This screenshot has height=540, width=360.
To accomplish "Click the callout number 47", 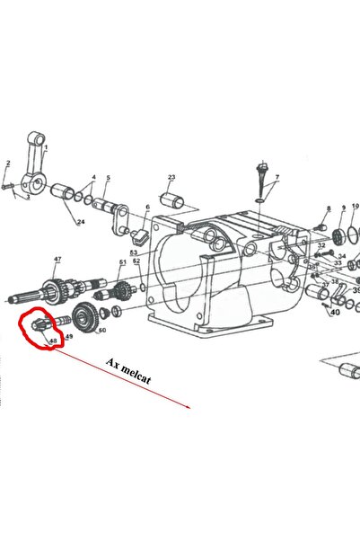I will (57, 260).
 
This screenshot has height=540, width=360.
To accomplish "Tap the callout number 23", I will (171, 178).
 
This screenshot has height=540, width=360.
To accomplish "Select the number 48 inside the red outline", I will (53, 341).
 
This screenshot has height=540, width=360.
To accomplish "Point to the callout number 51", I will (122, 262).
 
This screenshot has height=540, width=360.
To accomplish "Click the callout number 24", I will (81, 222).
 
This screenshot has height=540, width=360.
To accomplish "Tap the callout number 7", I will (277, 178).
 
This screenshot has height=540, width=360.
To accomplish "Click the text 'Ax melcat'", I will (128, 372).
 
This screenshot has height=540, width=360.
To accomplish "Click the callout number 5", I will (108, 178).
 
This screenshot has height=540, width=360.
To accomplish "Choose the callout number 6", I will (147, 208).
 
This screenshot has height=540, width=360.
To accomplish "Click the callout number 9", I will (342, 208).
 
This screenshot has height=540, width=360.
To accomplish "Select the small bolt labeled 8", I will (321, 226).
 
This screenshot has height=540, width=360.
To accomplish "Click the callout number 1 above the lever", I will (47, 147).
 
